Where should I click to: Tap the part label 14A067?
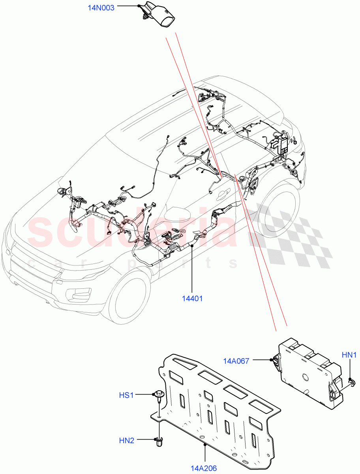(x=236, y=360)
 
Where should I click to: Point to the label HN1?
(x=349, y=355)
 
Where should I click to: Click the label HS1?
(x=126, y=395)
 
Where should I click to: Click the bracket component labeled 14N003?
(x=158, y=16)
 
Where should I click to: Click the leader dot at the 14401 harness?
(x=191, y=246)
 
